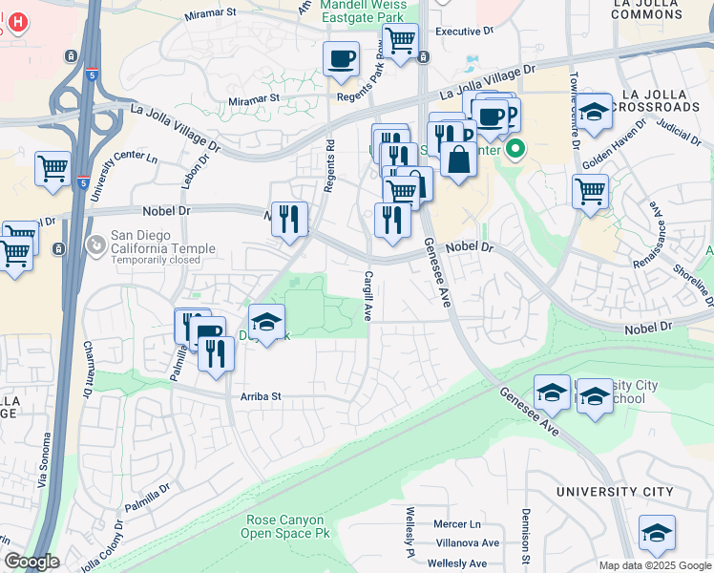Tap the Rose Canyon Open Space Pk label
click(x=287, y=526)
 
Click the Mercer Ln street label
click(x=456, y=524)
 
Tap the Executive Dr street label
click(x=464, y=32)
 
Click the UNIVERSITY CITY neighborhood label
click(x=616, y=492)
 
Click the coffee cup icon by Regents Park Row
click(x=341, y=60)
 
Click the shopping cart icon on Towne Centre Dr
click(x=591, y=190)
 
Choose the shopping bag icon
click(x=458, y=159)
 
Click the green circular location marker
click(x=516, y=149)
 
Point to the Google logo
click(x=31, y=562)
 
